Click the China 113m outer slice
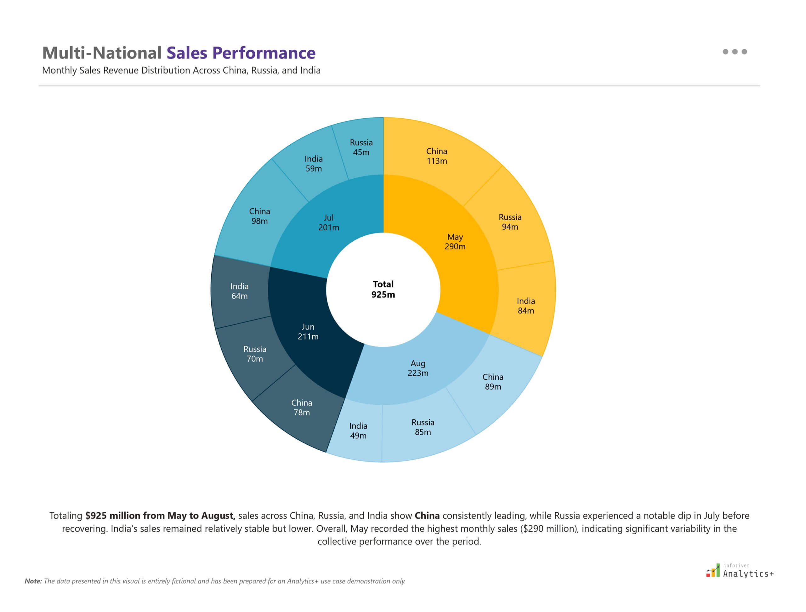[x=436, y=156]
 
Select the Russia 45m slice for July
[x=361, y=147]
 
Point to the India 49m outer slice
[x=358, y=430]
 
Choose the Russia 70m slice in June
[x=255, y=354]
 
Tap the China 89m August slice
[x=492, y=381]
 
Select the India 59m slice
[x=314, y=164]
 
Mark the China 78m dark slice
[x=302, y=407]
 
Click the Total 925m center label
[x=383, y=289]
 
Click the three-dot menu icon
[x=735, y=52]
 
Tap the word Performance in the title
[x=264, y=53]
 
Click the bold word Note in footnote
[x=33, y=581]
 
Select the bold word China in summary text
[x=427, y=516]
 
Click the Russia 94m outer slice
[x=510, y=222]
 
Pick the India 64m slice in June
[x=240, y=291]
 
